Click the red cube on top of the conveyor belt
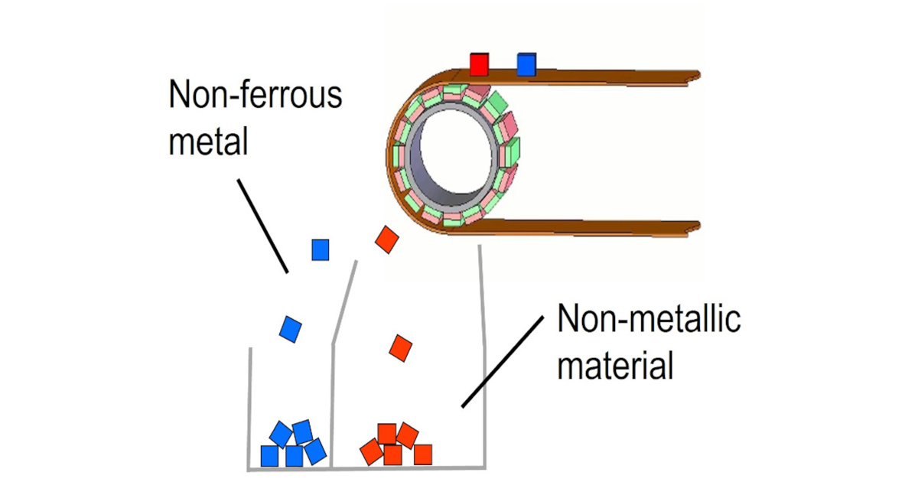pyautogui.click(x=479, y=64)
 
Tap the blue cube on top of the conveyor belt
pyautogui.click(x=526, y=64)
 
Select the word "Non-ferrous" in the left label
pyautogui.click(x=255, y=97)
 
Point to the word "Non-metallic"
pyautogui.click(x=649, y=321)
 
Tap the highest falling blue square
pyautogui.click(x=320, y=249)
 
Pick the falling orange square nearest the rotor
pyautogui.click(x=387, y=239)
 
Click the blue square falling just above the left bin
pyautogui.click(x=290, y=328)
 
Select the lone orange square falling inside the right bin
pyautogui.click(x=400, y=347)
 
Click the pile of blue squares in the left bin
pyautogui.click(x=293, y=445)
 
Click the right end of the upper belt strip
pyautogui.click(x=692, y=75)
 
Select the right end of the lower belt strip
pyautogui.click(x=692, y=226)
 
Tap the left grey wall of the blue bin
pyautogui.click(x=249, y=405)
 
